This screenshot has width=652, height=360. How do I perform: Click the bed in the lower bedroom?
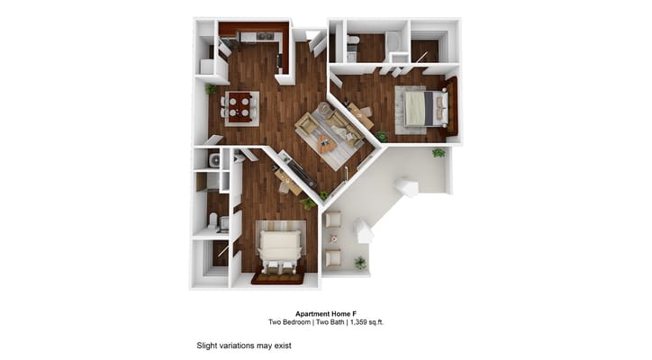[x=280, y=244]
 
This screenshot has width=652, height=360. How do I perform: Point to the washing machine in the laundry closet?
[x=214, y=161]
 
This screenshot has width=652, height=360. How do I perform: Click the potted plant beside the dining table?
[x=211, y=89]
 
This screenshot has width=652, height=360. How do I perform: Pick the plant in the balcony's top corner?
[x=439, y=152]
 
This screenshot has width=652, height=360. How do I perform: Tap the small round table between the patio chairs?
[x=333, y=239]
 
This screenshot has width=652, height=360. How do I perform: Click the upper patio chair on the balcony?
[x=332, y=220]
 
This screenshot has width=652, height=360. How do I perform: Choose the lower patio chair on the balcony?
[x=332, y=259]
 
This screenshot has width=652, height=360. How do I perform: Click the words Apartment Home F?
[x=325, y=313]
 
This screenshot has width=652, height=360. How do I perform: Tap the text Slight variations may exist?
[x=243, y=345]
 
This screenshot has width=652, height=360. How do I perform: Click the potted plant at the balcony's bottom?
[x=360, y=263]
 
